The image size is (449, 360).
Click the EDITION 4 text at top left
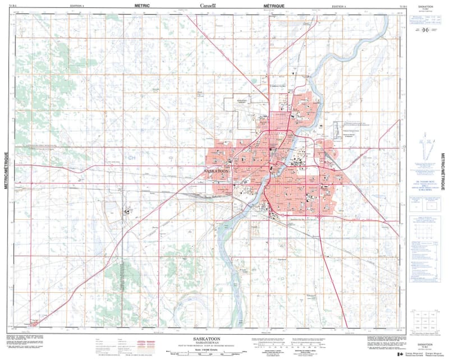click(77, 5)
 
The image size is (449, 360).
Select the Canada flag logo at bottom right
click(400, 354)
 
